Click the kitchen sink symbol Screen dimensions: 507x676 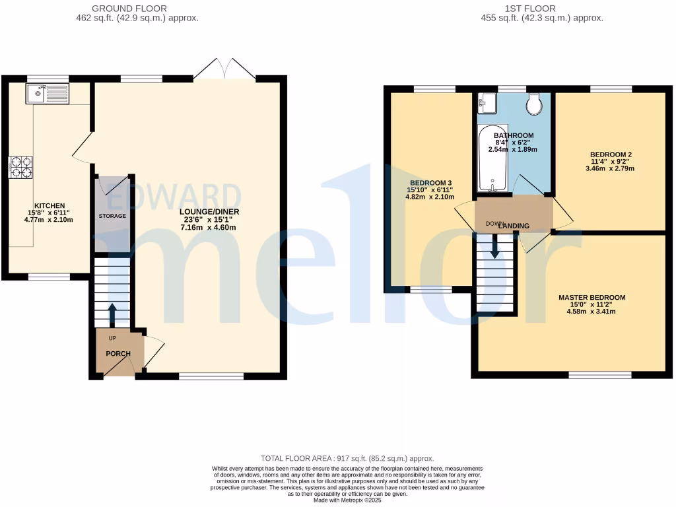pyautogui.click(x=47, y=94)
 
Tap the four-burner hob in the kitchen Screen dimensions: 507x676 pyautogui.click(x=20, y=167)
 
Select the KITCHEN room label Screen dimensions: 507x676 pyautogui.click(x=50, y=206)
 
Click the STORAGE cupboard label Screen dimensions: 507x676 pyautogui.click(x=112, y=216)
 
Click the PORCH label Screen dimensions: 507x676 pyautogui.click(x=118, y=354)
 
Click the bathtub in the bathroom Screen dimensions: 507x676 pyautogui.click(x=493, y=157)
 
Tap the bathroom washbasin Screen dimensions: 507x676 pyautogui.click(x=487, y=102)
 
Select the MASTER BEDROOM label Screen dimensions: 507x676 pyautogui.click(x=591, y=298)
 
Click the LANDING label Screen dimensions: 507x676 pyautogui.click(x=515, y=226)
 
